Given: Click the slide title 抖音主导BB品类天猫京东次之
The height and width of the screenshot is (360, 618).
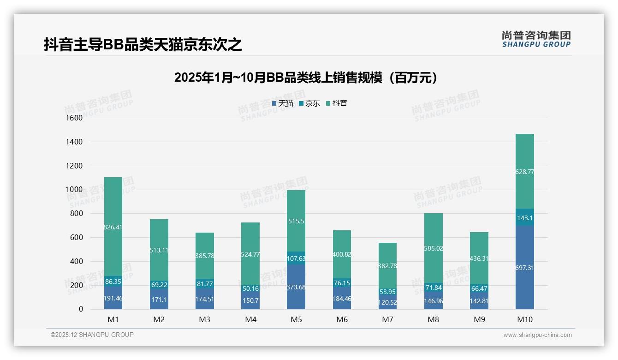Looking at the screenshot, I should [x=143, y=45].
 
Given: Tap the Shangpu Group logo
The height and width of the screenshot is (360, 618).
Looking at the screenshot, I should [x=536, y=39].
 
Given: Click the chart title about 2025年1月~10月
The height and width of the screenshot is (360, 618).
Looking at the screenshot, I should [x=306, y=78].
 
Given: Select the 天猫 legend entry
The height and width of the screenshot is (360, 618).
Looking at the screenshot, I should [x=282, y=103].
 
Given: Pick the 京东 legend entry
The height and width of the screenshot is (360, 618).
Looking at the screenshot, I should [x=309, y=103].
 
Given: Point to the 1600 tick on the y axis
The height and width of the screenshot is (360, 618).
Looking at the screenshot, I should [x=74, y=118].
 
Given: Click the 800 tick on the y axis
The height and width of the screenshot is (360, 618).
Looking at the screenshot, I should [x=76, y=214].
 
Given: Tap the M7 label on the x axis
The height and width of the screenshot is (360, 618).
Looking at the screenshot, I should [x=387, y=319].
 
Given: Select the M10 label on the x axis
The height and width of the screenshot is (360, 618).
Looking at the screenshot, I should [x=525, y=319].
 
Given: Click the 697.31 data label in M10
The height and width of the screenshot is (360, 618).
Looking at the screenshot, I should [x=525, y=268].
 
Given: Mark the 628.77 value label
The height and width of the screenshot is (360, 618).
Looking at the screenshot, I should [x=525, y=172].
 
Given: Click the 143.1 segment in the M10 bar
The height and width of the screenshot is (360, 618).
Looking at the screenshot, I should [x=525, y=218].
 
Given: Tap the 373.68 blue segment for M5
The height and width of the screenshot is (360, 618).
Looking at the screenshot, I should [x=296, y=287].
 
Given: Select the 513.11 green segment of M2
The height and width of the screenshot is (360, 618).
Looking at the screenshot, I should [x=159, y=251].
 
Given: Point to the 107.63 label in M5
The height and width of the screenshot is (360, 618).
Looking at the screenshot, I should [x=296, y=258].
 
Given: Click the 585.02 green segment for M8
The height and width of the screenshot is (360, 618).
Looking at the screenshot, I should [x=433, y=248].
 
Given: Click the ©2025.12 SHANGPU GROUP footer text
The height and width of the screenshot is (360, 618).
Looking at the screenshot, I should [x=92, y=335].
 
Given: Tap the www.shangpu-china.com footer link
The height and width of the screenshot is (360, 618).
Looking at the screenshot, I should [x=537, y=335].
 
